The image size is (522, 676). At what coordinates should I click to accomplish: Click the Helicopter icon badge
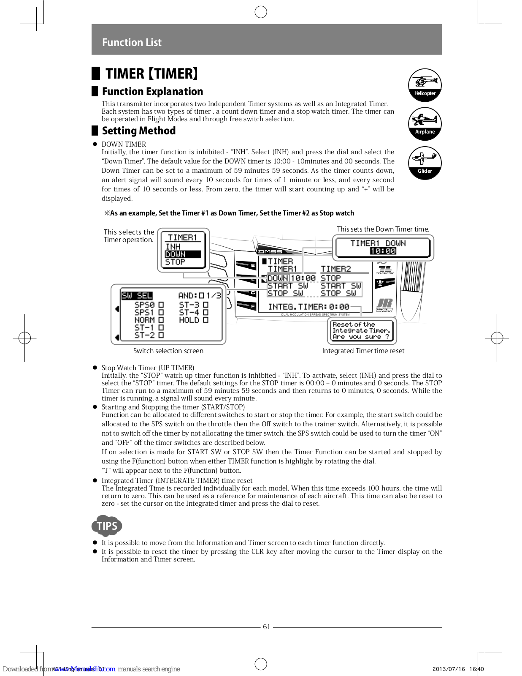[425, 85]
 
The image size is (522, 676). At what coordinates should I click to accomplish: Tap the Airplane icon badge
[425, 123]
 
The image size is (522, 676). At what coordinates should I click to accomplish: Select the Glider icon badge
[425, 163]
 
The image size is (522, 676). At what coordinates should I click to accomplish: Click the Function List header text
[132, 42]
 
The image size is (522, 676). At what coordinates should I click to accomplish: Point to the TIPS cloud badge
[107, 526]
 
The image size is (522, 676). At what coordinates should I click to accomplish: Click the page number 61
[266, 627]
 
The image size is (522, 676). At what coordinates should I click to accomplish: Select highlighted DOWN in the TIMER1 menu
[176, 254]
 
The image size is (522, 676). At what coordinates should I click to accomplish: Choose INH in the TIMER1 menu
[173, 246]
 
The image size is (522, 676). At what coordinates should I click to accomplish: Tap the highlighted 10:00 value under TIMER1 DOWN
[383, 251]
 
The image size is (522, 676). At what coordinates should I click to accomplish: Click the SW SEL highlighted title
[137, 296]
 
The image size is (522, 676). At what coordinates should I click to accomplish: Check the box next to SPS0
[161, 305]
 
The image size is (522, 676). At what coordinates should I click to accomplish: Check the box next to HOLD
[206, 320]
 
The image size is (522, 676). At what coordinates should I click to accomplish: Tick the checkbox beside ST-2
[161, 335]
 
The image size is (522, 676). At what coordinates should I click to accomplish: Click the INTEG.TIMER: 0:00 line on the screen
[308, 307]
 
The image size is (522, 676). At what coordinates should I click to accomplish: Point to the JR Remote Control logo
[384, 305]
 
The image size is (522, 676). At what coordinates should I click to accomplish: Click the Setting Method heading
[138, 131]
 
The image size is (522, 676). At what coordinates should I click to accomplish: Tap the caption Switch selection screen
[168, 351]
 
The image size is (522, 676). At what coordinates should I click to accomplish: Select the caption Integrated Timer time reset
[363, 351]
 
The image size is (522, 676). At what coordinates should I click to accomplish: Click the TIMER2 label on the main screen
[335, 269]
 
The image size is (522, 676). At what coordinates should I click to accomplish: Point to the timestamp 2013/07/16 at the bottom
[449, 669]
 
